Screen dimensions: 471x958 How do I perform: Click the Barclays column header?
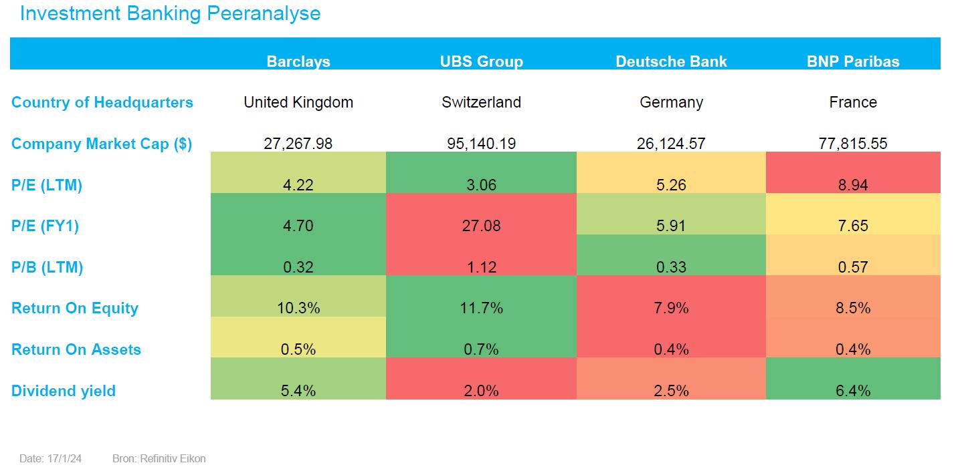pos(298,61)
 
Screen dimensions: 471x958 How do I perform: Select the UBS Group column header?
pos(481,61)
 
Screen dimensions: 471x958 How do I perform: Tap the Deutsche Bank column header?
pos(671,61)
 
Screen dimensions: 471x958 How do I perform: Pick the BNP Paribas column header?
pos(853,61)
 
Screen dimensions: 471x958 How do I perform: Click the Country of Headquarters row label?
pos(102,102)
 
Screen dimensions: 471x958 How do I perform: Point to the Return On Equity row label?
pos(75,308)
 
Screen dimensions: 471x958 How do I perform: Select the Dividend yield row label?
pos(64,391)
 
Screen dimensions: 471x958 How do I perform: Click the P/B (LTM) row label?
pos(47,267)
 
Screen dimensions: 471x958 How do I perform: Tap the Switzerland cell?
pos(481,102)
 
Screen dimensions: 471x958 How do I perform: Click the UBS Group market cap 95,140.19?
pos(481,144)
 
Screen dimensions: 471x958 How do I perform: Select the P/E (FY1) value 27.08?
pos(481,226)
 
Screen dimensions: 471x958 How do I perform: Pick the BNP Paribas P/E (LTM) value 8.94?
pos(853,185)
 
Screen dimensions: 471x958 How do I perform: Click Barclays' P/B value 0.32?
pos(298,267)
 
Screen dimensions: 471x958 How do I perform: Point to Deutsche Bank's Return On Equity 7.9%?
pos(671,308)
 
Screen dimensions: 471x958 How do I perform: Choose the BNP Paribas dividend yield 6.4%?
pos(853,391)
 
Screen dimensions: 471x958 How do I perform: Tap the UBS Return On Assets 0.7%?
pos(481,349)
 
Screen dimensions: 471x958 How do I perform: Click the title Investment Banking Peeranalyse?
pos(170,13)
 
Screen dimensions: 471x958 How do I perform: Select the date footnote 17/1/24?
pos(51,458)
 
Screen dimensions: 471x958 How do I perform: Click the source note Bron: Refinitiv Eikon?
pos(159,458)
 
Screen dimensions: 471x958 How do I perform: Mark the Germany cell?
pos(671,102)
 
